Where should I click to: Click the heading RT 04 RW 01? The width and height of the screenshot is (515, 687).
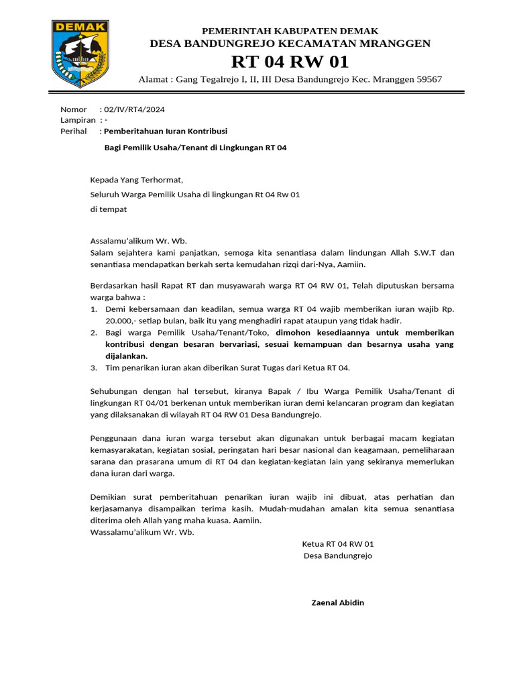290,62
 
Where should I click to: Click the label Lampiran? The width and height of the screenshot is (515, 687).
78,120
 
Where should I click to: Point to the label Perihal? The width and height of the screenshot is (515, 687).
74,131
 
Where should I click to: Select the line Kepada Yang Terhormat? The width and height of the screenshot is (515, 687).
136,180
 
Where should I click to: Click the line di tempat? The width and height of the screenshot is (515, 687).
109,209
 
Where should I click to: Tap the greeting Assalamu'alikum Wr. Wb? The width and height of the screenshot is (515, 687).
139,242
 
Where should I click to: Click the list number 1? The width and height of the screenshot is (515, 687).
93,309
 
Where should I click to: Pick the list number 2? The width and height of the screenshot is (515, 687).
93,333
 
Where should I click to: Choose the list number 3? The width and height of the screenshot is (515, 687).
93,368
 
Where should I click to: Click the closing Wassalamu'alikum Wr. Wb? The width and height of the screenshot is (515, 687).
142,532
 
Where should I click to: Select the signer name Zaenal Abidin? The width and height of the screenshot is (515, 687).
338,602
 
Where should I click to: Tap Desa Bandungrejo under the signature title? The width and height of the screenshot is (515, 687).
338,556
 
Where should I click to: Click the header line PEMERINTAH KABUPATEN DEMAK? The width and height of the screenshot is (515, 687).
290,31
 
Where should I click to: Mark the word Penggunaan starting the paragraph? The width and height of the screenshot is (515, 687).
113,438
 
